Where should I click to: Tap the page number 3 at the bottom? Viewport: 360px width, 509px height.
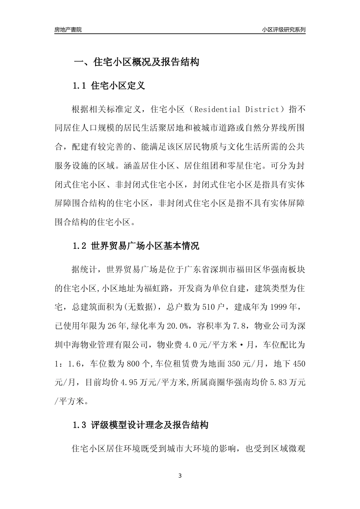click(180, 476)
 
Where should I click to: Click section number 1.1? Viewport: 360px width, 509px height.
click(80, 86)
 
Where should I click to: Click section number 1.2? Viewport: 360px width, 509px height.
click(80, 246)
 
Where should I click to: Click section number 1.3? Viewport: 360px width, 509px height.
click(80, 425)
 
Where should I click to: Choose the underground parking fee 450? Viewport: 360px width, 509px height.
click(299, 364)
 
